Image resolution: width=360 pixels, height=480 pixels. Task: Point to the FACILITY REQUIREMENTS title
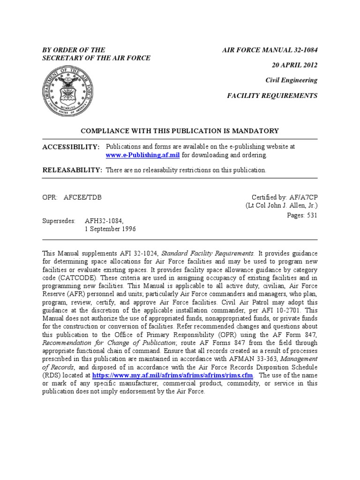tap(272, 96)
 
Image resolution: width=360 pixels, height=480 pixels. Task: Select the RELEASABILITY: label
tap(72, 170)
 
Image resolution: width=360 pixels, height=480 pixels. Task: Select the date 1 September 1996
tap(110, 228)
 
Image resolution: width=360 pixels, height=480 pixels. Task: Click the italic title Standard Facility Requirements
tap(208, 254)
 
